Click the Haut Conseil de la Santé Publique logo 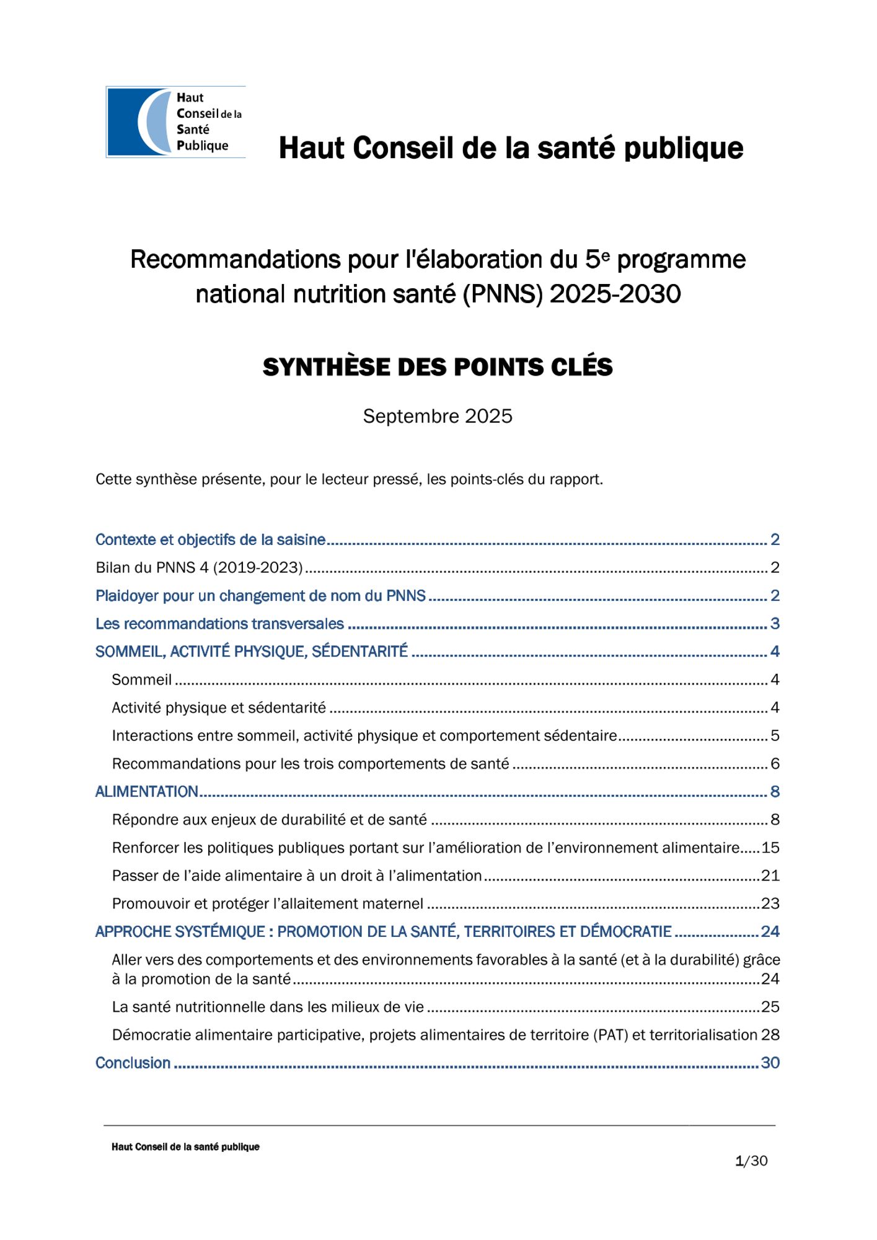point(175,122)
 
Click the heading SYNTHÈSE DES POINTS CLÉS point(438,368)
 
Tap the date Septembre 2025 point(438,416)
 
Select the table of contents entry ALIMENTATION point(147,792)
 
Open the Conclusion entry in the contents point(133,1063)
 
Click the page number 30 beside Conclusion point(770,1063)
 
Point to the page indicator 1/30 point(751,1161)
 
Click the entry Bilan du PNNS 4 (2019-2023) point(199,567)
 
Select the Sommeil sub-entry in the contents point(142,680)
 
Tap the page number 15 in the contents point(770,848)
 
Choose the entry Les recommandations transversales point(219,624)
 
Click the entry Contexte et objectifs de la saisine point(210,540)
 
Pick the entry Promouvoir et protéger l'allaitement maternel point(268,903)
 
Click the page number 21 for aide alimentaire point(770,875)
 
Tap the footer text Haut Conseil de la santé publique point(185,1147)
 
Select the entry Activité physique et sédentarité point(219,707)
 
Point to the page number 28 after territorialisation point(770,1035)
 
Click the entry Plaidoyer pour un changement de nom point(260,596)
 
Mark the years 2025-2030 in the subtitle point(615,294)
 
